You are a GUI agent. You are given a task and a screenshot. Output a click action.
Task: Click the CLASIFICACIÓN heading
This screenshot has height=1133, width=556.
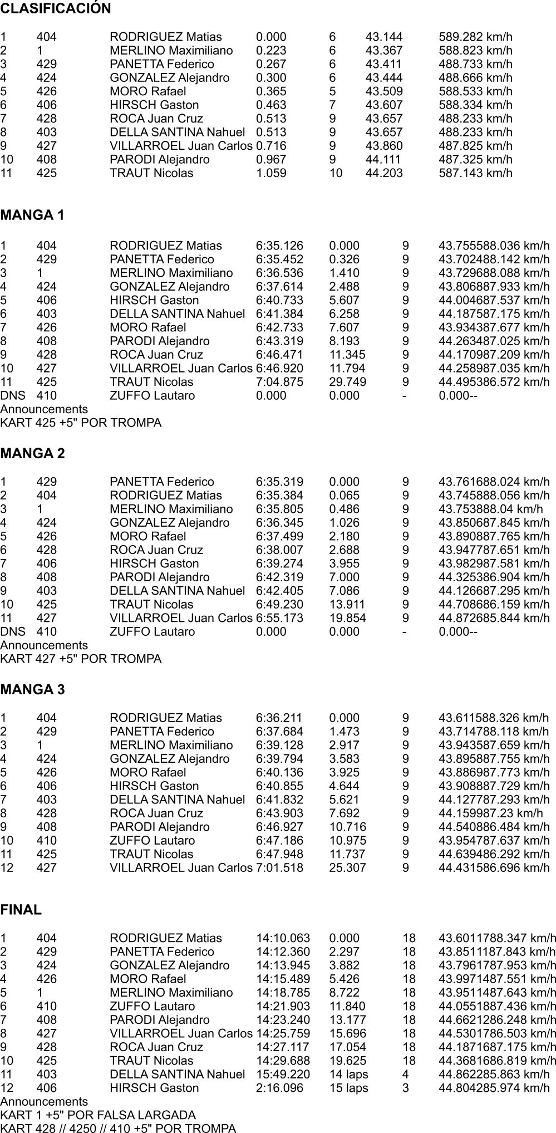(56, 9)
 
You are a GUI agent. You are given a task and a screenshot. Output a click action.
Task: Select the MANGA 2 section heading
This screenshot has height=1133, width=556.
(32, 453)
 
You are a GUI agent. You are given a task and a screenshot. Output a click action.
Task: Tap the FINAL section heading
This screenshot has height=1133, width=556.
(21, 910)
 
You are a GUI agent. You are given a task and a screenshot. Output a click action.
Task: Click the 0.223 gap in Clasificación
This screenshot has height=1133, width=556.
(271, 51)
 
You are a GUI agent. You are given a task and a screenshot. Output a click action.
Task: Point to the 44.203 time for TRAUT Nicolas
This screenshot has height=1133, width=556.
(383, 173)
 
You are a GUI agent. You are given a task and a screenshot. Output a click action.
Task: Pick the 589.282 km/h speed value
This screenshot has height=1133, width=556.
(475, 37)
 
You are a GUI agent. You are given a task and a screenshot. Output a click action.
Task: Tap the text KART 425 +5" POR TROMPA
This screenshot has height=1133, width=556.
(81, 423)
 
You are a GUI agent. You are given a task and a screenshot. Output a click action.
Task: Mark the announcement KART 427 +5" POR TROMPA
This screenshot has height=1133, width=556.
(81, 659)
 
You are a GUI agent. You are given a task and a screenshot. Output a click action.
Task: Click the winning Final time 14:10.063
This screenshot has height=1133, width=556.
(283, 938)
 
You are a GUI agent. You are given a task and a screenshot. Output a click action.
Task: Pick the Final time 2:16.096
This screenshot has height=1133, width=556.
(279, 1088)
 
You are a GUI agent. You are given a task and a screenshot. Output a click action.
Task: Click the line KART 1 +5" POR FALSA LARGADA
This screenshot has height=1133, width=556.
(98, 1115)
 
